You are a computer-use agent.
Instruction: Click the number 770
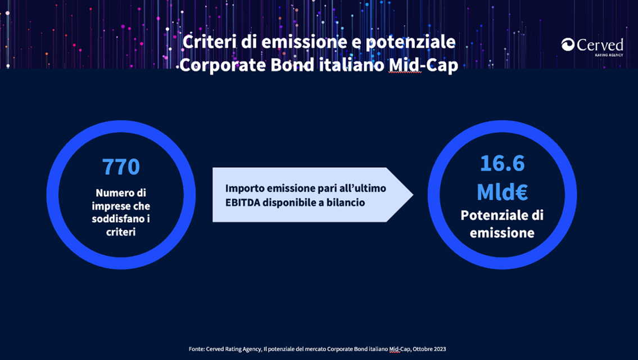pyautogui.click(x=121, y=166)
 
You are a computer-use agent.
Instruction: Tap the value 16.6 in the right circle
pyautogui.click(x=503, y=163)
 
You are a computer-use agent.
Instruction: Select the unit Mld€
pyautogui.click(x=502, y=191)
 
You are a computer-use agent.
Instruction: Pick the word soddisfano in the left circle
pyautogui.click(x=117, y=219)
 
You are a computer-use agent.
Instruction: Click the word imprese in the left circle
pyautogui.click(x=108, y=206)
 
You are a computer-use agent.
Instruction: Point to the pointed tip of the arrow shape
pyautogui.click(x=413, y=195)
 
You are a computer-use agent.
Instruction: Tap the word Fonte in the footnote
pyautogui.click(x=197, y=349)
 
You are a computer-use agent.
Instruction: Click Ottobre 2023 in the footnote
pyautogui.click(x=429, y=349)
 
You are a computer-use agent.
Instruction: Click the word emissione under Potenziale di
pyautogui.click(x=502, y=233)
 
